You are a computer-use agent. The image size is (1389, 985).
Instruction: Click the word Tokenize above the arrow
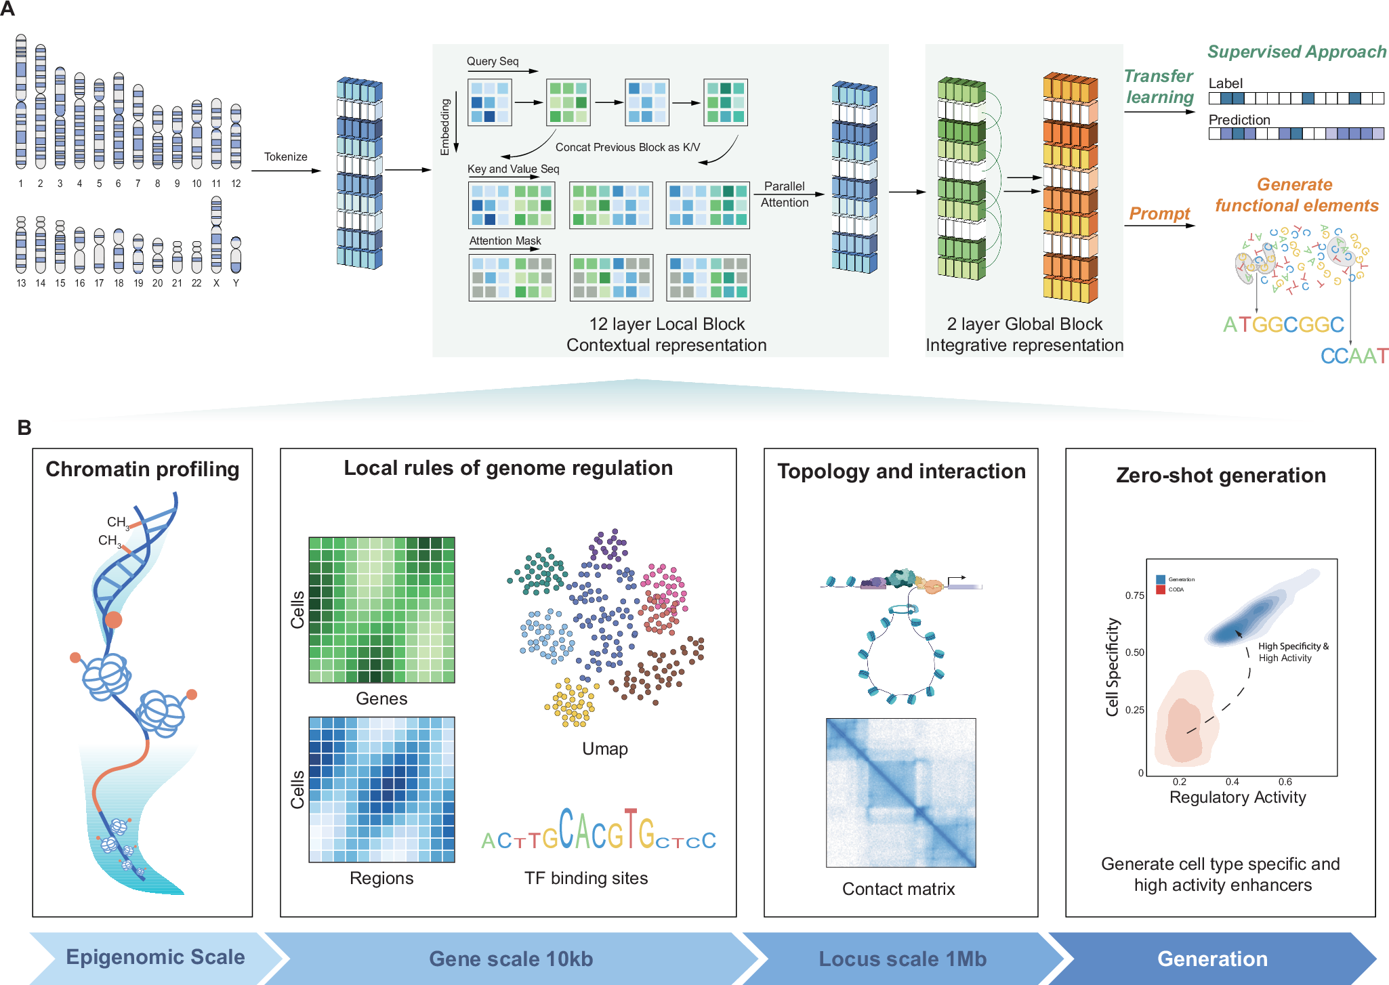(x=285, y=156)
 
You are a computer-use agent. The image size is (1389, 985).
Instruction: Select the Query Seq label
(x=493, y=61)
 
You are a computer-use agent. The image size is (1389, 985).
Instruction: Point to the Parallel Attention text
(x=784, y=194)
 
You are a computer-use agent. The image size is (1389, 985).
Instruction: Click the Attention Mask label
(x=505, y=240)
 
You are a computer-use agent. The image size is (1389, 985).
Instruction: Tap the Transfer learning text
(x=1159, y=87)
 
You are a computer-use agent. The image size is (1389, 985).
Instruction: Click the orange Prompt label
(x=1159, y=213)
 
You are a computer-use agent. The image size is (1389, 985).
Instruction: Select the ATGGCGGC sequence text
(x=1283, y=324)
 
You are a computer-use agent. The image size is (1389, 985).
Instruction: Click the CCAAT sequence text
(x=1354, y=356)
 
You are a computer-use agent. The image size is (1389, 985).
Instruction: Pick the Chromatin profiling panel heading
(x=142, y=469)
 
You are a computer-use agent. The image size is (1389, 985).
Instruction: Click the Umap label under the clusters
(x=604, y=749)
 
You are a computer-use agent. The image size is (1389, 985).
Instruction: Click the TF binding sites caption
(x=585, y=878)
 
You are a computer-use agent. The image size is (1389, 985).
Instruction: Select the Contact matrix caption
(x=898, y=889)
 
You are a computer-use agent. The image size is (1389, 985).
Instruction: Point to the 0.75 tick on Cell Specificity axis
(x=1134, y=595)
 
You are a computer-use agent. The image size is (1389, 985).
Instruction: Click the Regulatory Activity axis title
(x=1237, y=797)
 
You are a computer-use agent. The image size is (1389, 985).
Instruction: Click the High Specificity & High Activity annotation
(x=1292, y=652)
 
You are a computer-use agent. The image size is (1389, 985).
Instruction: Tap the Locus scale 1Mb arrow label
(x=903, y=959)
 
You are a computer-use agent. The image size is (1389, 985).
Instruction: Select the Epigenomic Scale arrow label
(x=155, y=957)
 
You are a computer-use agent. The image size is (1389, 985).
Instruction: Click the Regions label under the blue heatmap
(x=381, y=878)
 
